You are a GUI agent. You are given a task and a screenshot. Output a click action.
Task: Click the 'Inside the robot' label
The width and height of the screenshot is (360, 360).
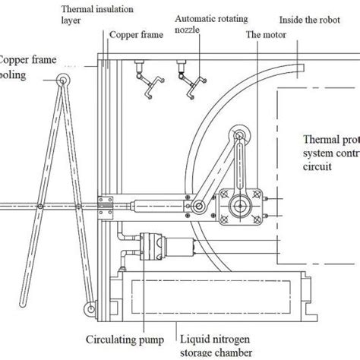pyautogui.click(x=308, y=19)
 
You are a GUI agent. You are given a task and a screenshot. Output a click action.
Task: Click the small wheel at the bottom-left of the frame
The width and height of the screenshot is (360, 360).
pyautogui.click(x=90, y=308)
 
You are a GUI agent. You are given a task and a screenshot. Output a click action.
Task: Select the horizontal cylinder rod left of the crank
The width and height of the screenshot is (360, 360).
pyautogui.click(x=152, y=205)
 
